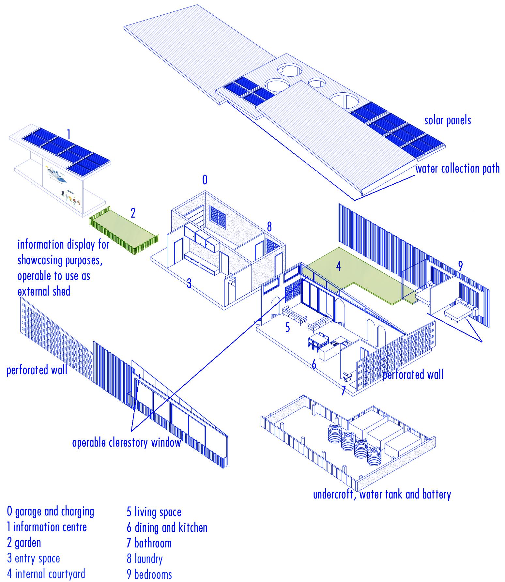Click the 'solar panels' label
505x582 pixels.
point(447,120)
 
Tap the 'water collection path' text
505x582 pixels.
point(457,169)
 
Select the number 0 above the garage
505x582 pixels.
point(205,180)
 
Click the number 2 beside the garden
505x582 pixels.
point(133,213)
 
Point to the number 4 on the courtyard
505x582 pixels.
point(338,266)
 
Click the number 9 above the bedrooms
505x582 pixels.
point(460,266)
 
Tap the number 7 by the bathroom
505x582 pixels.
point(343,391)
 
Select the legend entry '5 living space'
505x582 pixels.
point(154,512)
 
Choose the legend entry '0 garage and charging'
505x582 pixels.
point(50,511)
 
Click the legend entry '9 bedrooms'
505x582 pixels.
point(149,574)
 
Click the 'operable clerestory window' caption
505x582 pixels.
point(126,443)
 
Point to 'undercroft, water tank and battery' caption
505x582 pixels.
point(382,494)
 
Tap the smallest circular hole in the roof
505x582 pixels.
point(315,82)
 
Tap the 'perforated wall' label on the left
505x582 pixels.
point(37,370)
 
